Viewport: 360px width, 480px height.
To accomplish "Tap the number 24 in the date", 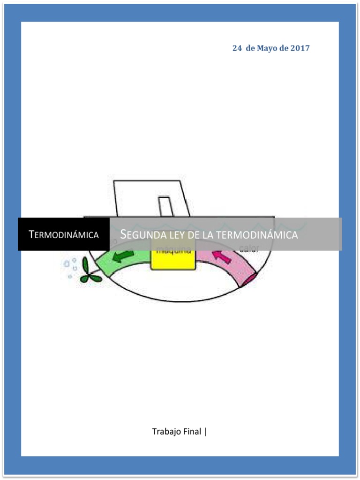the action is pos(237,48).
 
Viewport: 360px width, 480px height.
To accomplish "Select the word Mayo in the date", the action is pos(267,48).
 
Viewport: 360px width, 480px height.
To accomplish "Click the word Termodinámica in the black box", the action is pos(64,234).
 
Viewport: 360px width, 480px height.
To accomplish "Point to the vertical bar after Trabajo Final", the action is pos(206,431).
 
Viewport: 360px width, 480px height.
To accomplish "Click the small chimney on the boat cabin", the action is pos(165,207).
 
